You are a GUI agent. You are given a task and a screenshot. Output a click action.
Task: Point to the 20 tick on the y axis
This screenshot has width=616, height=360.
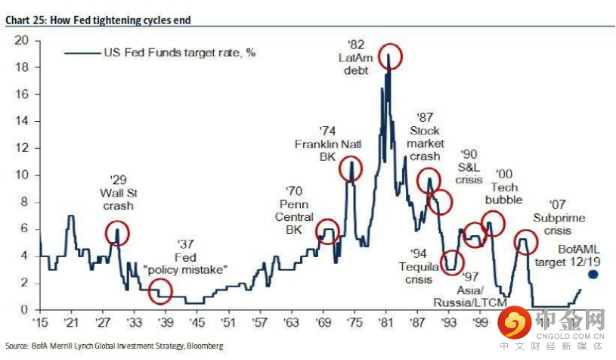(22, 40)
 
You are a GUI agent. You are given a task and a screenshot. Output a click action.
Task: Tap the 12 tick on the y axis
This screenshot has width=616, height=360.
(22, 148)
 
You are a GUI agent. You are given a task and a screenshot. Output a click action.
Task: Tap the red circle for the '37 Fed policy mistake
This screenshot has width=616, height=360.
(159, 290)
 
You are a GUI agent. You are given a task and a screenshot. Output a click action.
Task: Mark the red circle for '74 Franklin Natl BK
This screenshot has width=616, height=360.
(350, 169)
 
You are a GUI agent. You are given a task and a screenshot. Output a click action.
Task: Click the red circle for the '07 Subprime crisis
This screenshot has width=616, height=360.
(526, 242)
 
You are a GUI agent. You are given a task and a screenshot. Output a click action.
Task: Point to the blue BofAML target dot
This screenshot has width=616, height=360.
(593, 275)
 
